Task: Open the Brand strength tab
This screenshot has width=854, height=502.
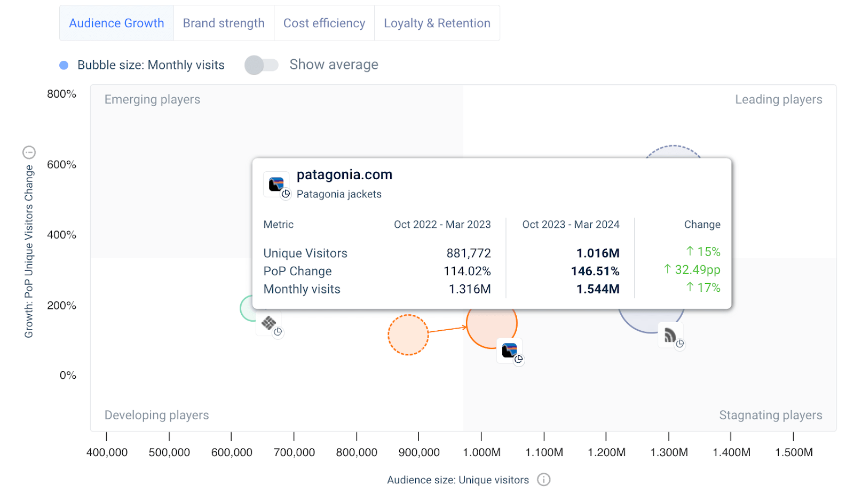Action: [x=224, y=23]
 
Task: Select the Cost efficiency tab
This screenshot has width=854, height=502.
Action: [x=324, y=23]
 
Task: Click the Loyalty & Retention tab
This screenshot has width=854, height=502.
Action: [x=437, y=23]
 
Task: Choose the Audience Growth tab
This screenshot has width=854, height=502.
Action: [x=116, y=23]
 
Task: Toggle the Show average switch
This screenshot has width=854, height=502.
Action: [x=262, y=65]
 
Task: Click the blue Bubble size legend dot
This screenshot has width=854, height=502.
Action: [x=64, y=65]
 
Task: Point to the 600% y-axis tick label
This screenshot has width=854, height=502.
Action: [x=61, y=165]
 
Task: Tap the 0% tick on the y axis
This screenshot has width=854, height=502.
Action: [x=68, y=376]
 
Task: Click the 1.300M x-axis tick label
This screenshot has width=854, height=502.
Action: [x=669, y=452]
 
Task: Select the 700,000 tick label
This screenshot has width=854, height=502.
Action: [x=294, y=452]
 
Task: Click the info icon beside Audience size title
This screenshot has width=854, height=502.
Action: [x=544, y=480]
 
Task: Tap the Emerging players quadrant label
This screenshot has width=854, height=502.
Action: [x=152, y=99]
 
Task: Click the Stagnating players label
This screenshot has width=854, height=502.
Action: [x=771, y=415]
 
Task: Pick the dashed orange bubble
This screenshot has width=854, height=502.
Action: [x=408, y=335]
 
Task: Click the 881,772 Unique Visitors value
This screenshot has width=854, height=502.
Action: [x=469, y=253]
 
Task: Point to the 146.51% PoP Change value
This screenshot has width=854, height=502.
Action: [x=595, y=271]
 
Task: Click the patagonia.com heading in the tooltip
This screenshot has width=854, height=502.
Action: [x=344, y=174]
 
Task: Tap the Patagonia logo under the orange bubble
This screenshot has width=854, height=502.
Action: [x=510, y=350]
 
